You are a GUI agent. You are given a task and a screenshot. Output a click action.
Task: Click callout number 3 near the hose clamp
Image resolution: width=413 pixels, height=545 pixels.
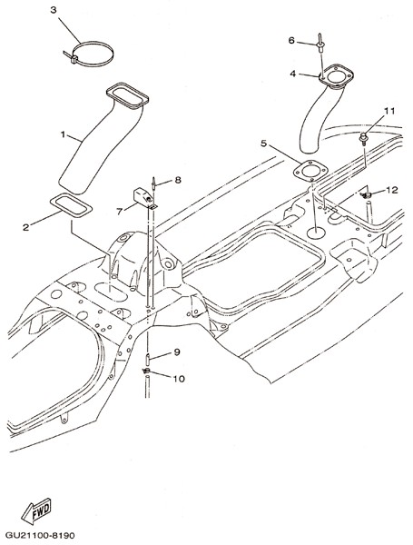coord(54,10)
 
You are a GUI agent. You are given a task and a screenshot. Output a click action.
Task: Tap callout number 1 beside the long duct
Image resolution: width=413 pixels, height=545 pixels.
coord(63,134)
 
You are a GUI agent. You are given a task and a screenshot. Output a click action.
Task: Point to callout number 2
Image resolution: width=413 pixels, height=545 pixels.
coord(25,227)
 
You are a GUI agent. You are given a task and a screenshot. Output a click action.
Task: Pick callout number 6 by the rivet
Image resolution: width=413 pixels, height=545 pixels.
coord(291,41)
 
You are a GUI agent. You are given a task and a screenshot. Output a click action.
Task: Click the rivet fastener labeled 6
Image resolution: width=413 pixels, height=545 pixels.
coord(320,43)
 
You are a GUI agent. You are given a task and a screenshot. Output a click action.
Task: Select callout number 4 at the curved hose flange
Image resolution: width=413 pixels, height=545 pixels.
coord(293,74)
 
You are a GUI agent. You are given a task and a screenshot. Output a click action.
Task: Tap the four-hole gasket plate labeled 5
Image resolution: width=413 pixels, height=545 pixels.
coord(310,171)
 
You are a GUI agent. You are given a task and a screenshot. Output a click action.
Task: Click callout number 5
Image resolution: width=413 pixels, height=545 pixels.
coord(263,144)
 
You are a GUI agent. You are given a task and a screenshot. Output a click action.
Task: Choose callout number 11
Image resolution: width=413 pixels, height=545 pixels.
coord(389,111)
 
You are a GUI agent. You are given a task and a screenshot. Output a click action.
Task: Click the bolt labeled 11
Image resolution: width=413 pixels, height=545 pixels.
coord(363,139)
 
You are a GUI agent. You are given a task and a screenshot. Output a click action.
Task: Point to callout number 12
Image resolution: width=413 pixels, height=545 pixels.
coord(391,190)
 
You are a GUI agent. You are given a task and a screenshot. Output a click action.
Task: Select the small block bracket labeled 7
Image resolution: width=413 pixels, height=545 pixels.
coord(143,195)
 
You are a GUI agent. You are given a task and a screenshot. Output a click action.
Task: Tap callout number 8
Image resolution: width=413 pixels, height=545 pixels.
coord(178,180)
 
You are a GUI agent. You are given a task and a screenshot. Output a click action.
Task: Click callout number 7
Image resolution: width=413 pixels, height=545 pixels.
coord(120,211)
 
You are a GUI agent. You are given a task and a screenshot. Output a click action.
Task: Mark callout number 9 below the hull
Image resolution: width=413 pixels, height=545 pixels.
coord(177,352)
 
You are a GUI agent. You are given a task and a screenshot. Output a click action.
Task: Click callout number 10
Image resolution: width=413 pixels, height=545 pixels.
coord(179,379)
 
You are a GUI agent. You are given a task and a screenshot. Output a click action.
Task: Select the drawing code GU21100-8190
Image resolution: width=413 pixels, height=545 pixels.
coord(40,535)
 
